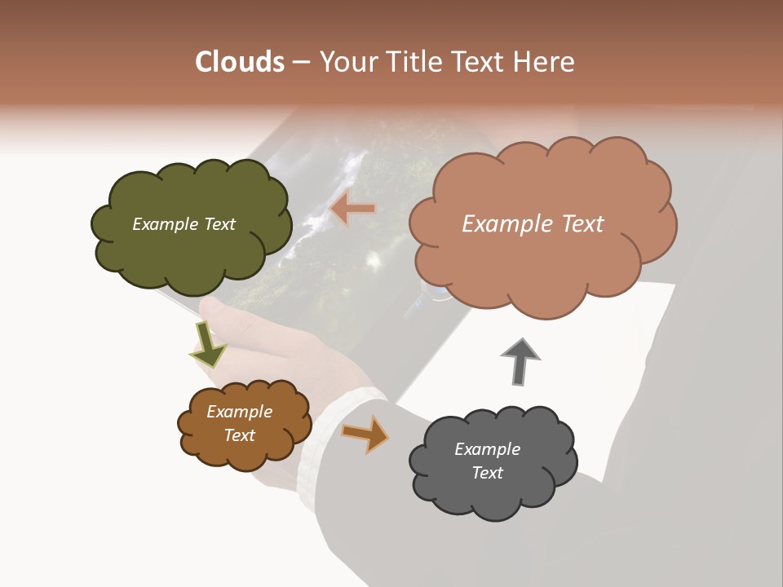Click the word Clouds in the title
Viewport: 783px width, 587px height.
[x=240, y=62]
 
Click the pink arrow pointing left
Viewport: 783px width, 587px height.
[x=352, y=210]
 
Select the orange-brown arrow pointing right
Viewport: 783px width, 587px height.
[x=365, y=434]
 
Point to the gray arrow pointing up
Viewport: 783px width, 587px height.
[x=520, y=360]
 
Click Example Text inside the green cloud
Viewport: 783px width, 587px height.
[x=184, y=224]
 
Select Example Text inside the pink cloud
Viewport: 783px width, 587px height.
[x=533, y=224]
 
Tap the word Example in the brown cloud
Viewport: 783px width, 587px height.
[x=239, y=412]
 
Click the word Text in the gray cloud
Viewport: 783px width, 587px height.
[x=487, y=473]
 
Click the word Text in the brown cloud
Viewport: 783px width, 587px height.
[x=239, y=435]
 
